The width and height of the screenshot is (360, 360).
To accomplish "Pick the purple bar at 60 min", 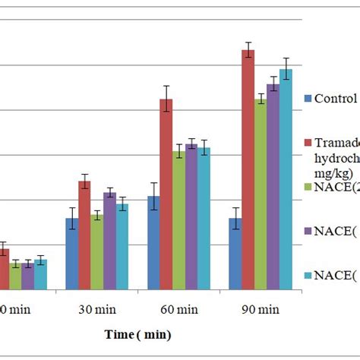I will coord(191,216).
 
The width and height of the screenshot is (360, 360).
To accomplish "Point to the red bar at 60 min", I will coord(166,194).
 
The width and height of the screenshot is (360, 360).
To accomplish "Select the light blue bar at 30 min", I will coord(122,246).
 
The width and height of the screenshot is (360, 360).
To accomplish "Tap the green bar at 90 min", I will coord(261,194).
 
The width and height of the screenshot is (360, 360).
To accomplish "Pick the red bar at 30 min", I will coord(84,235).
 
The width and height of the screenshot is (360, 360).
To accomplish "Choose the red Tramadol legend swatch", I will coord(308,143).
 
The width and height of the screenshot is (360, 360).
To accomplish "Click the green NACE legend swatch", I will coord(308,187).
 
